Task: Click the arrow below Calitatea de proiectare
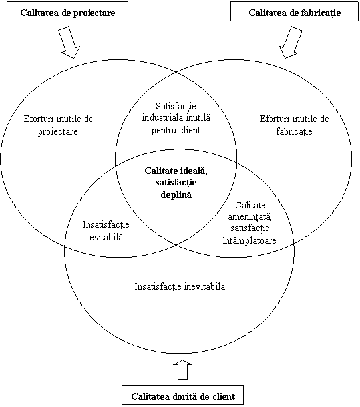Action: point(69,43)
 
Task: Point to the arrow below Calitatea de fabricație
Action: point(291,43)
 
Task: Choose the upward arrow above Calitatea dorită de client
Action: point(182,370)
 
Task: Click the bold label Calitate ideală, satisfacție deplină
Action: point(176,183)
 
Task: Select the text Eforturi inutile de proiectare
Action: point(58,125)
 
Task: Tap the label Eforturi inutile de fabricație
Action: point(294,125)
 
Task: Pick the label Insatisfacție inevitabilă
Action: point(180,286)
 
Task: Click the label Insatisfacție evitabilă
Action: point(106,230)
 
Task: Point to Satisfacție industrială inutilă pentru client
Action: point(176,118)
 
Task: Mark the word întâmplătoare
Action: point(250,240)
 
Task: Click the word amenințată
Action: point(250,216)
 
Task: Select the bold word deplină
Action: point(176,195)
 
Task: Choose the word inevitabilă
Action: point(204,286)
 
